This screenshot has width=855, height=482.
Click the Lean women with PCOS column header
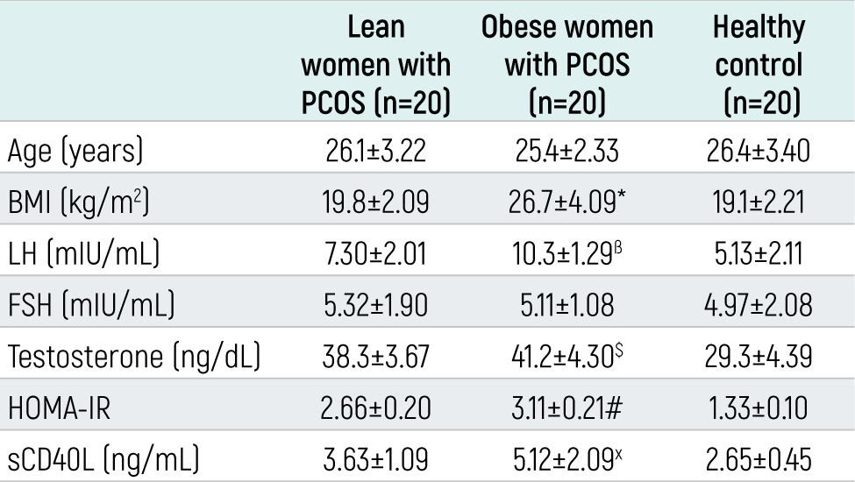click(x=375, y=64)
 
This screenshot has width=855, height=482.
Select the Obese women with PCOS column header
click(x=567, y=64)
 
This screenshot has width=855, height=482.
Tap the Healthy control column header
click(x=759, y=64)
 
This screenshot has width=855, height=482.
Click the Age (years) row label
click(x=75, y=151)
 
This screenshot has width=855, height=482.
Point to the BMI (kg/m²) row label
click(x=78, y=202)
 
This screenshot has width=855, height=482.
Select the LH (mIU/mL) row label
click(x=83, y=253)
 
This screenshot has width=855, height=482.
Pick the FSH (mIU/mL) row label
click(x=91, y=304)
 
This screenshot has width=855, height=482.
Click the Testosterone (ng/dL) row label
click(x=134, y=357)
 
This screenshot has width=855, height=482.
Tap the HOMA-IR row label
click(x=59, y=408)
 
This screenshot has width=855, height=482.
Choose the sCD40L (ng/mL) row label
click(x=103, y=459)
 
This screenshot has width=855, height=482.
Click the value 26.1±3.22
click(x=375, y=151)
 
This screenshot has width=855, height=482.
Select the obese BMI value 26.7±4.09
click(x=562, y=202)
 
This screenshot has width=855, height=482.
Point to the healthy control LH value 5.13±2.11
click(x=759, y=254)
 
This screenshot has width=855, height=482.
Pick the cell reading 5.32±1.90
click(x=375, y=305)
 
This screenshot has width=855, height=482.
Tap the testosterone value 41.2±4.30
click(x=562, y=357)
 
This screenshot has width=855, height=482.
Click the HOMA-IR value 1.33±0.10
click(x=759, y=408)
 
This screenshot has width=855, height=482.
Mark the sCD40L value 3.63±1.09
click(x=375, y=460)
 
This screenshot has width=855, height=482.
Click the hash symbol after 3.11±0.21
click(x=614, y=408)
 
